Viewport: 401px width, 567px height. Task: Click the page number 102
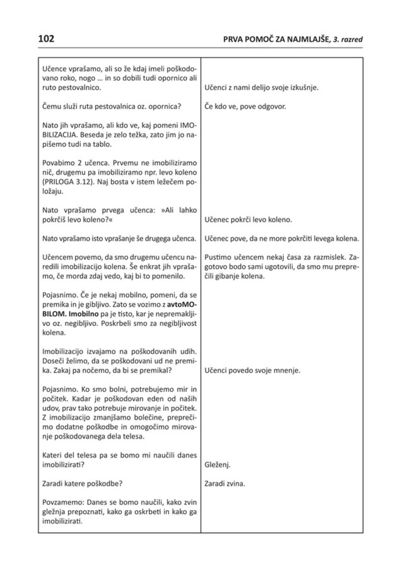click(46, 39)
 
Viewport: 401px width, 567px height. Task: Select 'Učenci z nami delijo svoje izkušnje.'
click(261, 88)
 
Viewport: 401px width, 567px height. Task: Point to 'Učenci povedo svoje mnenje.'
click(251, 371)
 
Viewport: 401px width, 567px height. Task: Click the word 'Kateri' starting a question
click(51, 456)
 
